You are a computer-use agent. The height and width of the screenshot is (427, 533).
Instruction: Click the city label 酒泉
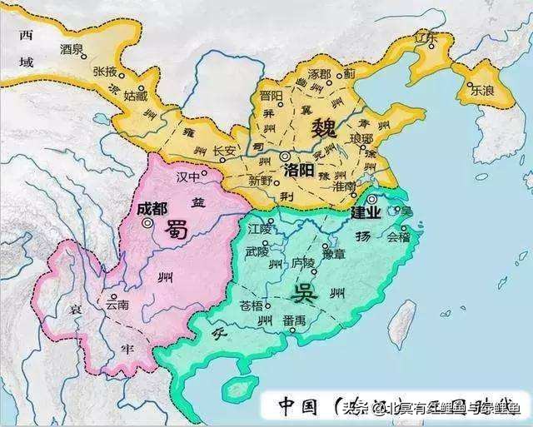click(x=72, y=49)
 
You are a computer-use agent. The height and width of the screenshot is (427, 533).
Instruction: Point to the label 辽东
click(x=426, y=38)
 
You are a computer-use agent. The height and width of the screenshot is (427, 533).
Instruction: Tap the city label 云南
click(x=117, y=305)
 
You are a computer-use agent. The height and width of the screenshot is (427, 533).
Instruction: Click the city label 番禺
click(x=292, y=320)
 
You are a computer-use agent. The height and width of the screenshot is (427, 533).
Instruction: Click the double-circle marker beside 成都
click(x=147, y=223)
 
